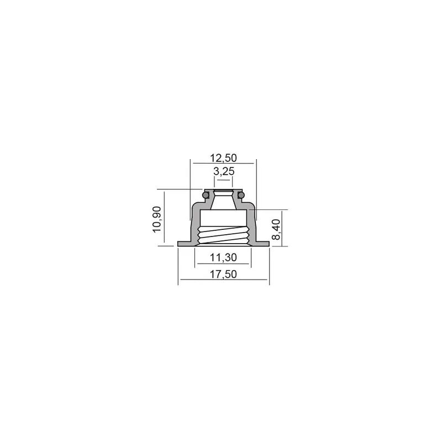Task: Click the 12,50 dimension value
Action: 223,157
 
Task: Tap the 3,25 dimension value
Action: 223,172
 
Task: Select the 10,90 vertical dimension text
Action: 159,219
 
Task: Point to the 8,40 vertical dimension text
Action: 277,229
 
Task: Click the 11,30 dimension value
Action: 223,257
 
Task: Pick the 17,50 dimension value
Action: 223,275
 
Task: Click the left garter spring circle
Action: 206,194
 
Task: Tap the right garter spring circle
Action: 240,194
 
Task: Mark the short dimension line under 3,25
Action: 223,180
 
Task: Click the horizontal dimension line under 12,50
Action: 223,164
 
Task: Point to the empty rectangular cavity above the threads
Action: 223,218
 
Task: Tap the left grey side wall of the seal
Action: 194,227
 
